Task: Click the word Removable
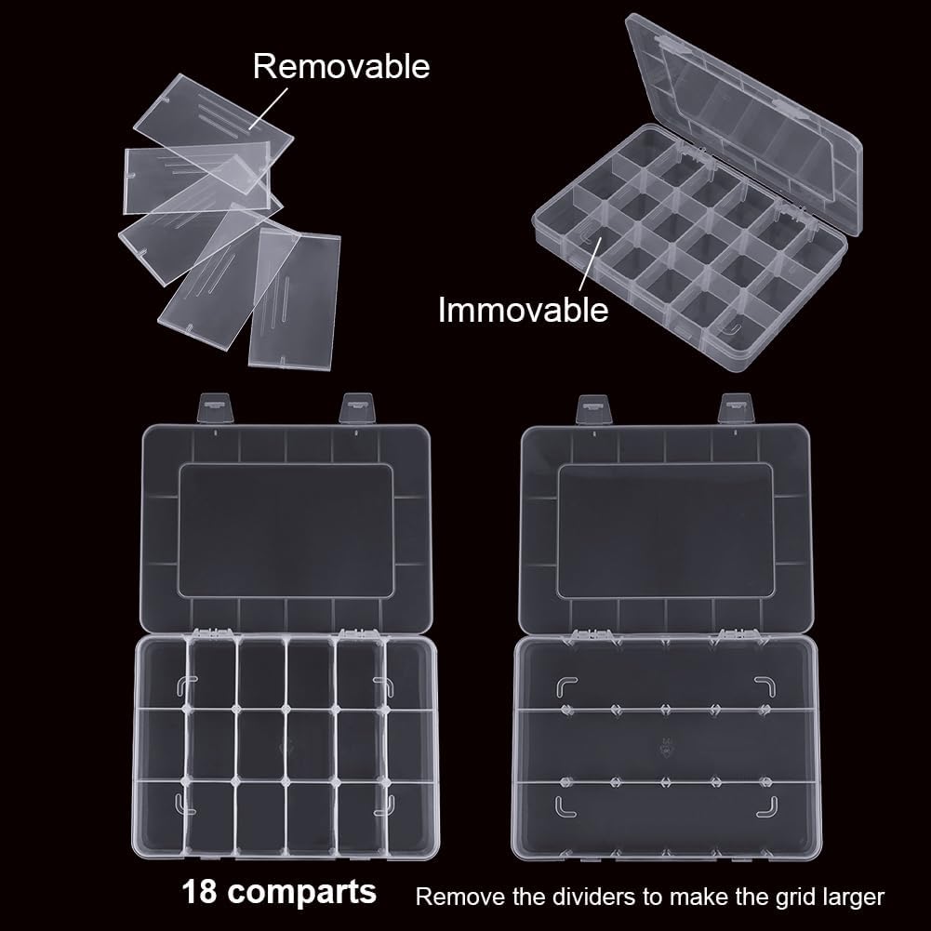(x=341, y=66)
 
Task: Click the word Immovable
(x=523, y=309)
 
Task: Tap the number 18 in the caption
(x=203, y=893)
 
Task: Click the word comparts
(x=302, y=893)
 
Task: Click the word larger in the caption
(x=851, y=898)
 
